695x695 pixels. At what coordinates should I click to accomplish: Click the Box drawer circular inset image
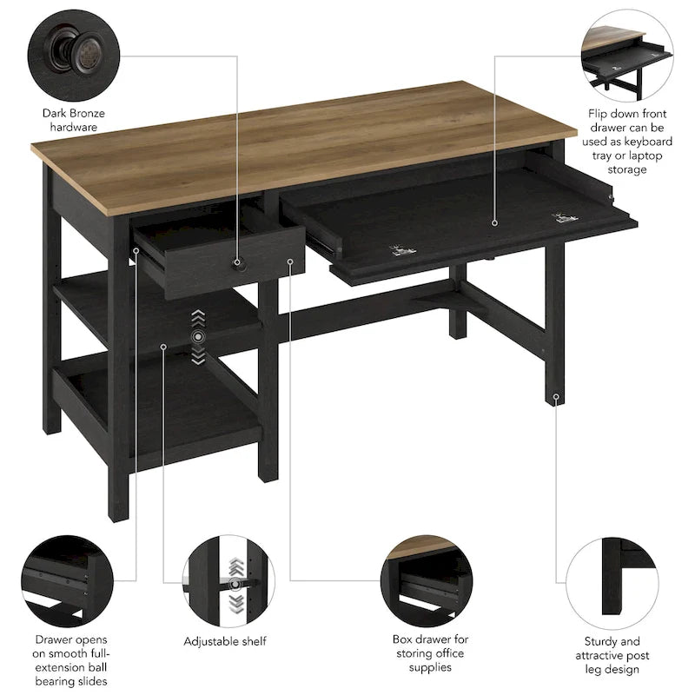(429, 575)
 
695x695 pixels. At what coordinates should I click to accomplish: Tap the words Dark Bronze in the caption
(73, 112)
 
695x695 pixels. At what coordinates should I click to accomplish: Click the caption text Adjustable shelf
(225, 641)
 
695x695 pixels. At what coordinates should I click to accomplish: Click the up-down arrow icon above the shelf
(199, 335)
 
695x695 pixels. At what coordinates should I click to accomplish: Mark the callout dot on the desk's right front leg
(556, 397)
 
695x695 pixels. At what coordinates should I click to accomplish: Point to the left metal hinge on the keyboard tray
(400, 251)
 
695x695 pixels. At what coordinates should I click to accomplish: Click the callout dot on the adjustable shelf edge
(164, 347)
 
